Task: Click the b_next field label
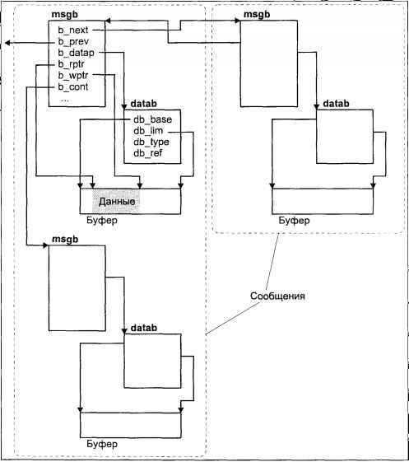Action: click(x=73, y=30)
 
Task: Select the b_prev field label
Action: click(x=73, y=41)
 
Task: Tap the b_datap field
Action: click(x=77, y=53)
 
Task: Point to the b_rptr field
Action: click(x=72, y=64)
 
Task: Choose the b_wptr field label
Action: click(x=73, y=76)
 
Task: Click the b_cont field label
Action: click(x=73, y=87)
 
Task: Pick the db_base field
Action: click(x=152, y=119)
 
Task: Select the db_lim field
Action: click(x=148, y=130)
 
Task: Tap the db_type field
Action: click(x=151, y=142)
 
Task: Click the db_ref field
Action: click(x=148, y=153)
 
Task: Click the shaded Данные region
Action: click(x=116, y=201)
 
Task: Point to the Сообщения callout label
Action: click(x=277, y=296)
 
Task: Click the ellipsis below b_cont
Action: click(x=64, y=100)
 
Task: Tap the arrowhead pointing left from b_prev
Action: click(x=8, y=43)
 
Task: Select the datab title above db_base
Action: click(x=143, y=104)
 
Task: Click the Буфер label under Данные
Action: click(x=102, y=220)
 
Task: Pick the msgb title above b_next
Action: click(x=64, y=15)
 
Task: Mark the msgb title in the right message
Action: click(x=257, y=15)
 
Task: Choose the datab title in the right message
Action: click(x=336, y=104)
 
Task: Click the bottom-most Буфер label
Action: click(x=102, y=444)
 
